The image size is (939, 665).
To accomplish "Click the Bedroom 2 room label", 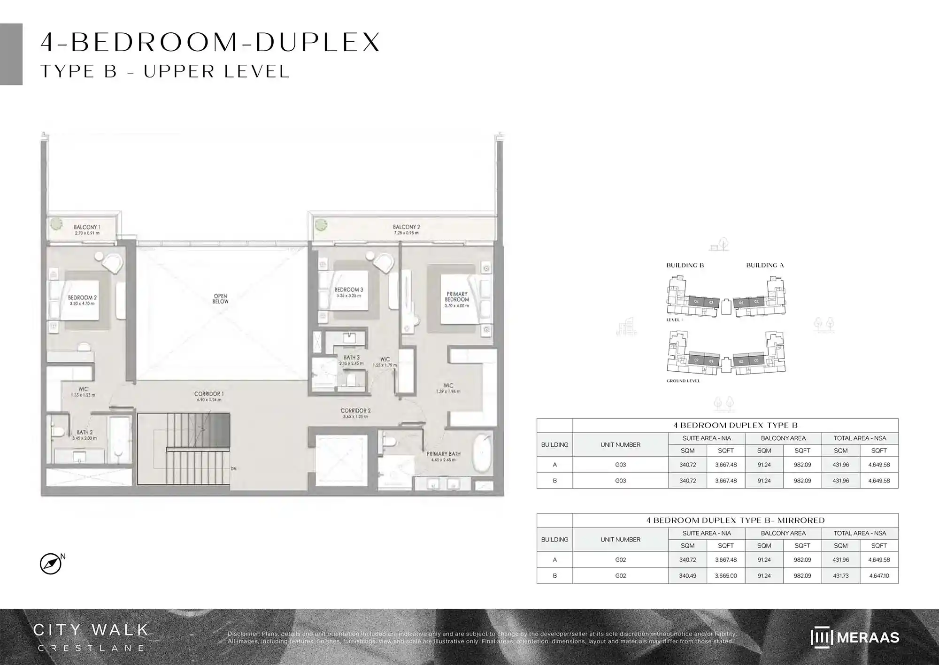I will (x=82, y=298).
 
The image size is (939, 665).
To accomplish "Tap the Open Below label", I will (x=220, y=299).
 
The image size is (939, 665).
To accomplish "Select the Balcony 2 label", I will (x=406, y=227).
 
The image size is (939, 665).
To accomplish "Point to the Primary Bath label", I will (x=443, y=454).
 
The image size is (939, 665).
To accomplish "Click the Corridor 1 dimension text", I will (x=209, y=400).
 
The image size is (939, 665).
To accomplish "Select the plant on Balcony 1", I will (x=57, y=224).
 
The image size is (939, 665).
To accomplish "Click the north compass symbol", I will (x=51, y=564).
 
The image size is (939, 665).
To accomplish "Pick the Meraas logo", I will (x=854, y=637).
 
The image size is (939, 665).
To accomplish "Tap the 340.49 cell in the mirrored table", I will (x=687, y=575).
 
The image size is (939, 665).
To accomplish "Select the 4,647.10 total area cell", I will (x=878, y=575).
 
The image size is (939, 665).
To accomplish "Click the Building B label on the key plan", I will (x=685, y=265).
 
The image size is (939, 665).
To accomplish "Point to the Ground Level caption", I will (x=683, y=381).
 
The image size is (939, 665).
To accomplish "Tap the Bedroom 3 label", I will (x=348, y=290).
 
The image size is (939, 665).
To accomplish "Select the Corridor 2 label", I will (x=355, y=411).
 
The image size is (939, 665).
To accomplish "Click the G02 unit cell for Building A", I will (x=620, y=559).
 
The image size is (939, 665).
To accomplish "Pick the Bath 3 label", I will (x=351, y=358).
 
